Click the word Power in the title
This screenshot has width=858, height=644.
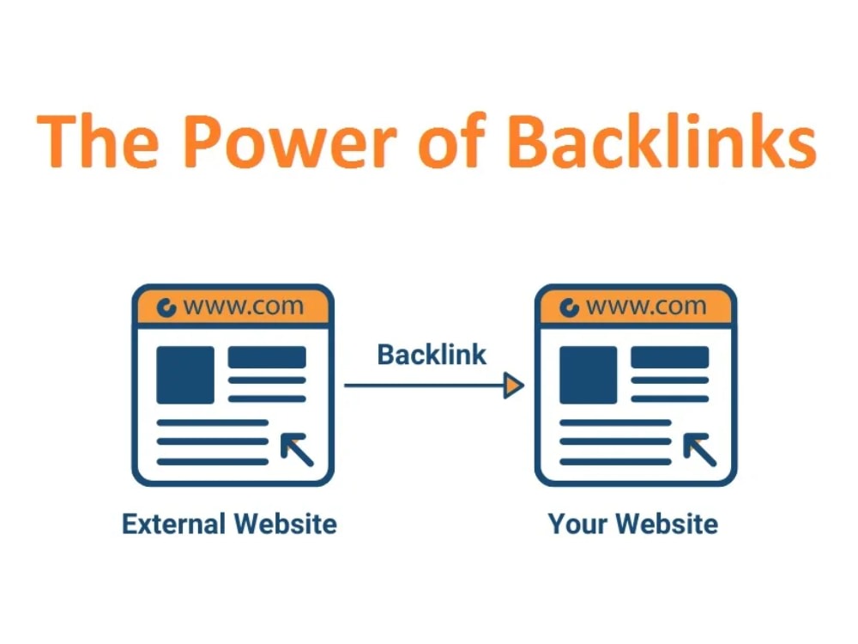tap(289, 141)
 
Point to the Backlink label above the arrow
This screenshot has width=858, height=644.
tap(432, 355)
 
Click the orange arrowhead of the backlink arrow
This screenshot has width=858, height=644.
tap(513, 386)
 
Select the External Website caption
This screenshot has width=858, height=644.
tap(229, 524)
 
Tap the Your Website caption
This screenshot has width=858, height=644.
tap(633, 524)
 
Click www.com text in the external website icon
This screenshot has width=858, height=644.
tap(244, 307)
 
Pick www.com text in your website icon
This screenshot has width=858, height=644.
tap(646, 307)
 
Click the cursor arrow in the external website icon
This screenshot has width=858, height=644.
tap(297, 449)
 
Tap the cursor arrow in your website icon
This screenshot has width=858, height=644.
tap(699, 449)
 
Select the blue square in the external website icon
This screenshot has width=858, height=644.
tap(185, 375)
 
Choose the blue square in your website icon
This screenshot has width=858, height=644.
tap(589, 375)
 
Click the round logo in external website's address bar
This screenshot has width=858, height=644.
tap(166, 307)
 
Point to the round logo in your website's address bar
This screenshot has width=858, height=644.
tap(569, 307)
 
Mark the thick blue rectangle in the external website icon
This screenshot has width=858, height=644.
tap(267, 357)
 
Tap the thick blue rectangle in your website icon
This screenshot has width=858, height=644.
tap(670, 357)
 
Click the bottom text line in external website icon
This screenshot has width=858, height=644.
tap(212, 462)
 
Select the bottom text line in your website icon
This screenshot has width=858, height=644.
tap(615, 462)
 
